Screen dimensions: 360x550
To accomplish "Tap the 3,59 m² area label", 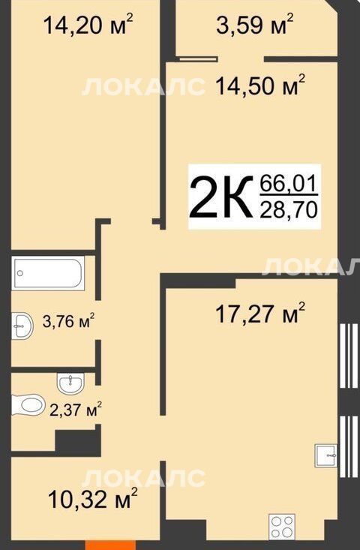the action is (x=254, y=24).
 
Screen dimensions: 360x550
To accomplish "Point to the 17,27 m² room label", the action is (x=260, y=313).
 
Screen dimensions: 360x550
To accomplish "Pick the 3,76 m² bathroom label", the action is (x=69, y=320).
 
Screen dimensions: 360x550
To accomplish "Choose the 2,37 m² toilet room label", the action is (x=76, y=409).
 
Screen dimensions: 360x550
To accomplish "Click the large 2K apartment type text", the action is (x=220, y=197).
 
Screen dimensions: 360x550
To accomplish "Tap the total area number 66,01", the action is (x=289, y=183).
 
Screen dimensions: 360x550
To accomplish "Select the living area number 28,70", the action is (x=289, y=209).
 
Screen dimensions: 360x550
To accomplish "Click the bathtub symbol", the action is (x=48, y=273).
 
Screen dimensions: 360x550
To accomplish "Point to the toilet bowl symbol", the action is (x=28, y=404).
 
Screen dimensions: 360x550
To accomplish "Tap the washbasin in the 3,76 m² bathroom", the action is (x=22, y=326).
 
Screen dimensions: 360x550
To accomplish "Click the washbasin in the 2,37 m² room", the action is (x=70, y=383).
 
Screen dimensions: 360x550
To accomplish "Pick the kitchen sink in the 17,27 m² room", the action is (x=326, y=455).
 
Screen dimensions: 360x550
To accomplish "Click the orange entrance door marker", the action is (x=110, y=545).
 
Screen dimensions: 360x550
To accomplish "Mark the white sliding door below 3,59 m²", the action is (x=198, y=59).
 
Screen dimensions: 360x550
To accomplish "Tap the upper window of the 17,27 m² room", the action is (x=348, y=356).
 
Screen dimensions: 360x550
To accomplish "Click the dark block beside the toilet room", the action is (x=78, y=440).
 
